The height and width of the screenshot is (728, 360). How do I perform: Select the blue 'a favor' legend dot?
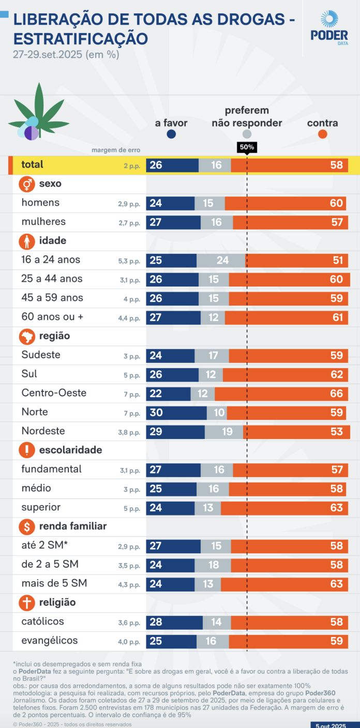pos(171,134)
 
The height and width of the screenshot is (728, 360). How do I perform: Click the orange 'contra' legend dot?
pos(322,134)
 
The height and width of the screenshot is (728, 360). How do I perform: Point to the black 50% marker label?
pos(247,147)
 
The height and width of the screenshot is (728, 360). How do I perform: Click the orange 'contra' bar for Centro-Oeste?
pos(281,393)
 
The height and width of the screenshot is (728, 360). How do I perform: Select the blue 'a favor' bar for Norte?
pos(176,413)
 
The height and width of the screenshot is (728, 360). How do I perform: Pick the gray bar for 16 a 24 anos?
pos(221,260)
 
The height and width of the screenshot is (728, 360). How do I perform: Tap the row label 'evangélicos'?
pos(49,641)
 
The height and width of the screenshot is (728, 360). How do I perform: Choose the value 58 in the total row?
pos(336,165)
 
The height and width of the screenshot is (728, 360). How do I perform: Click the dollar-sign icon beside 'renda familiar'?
pos(26,527)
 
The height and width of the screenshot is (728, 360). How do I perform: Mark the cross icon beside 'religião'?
pos(26,603)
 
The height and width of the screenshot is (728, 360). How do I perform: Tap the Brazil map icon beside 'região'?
pos(26,337)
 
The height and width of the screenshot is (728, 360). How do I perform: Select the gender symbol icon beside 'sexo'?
pos(26,184)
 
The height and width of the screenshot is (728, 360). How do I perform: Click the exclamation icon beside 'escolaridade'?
pos(26,450)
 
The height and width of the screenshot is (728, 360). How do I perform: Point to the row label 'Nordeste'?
pos(43,431)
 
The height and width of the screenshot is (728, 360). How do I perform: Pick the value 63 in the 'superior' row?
pos(336,508)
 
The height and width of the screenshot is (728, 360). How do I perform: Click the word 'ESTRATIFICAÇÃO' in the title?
pos(80,39)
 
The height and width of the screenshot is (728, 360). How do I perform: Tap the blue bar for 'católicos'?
pos(174,622)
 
